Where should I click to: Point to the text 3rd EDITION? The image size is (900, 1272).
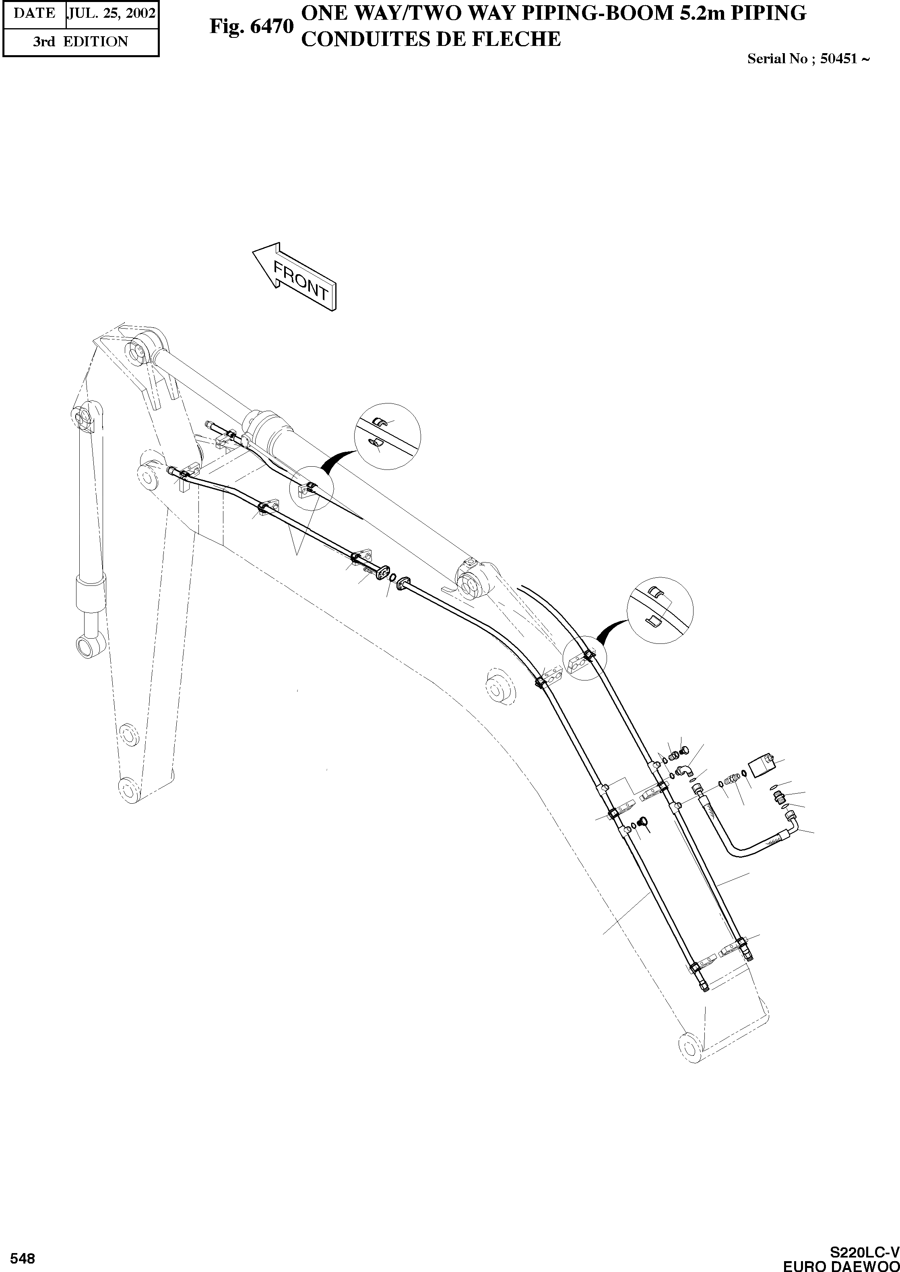81,41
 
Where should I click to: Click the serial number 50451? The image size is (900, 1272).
838,59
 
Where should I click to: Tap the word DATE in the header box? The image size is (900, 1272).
34,13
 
